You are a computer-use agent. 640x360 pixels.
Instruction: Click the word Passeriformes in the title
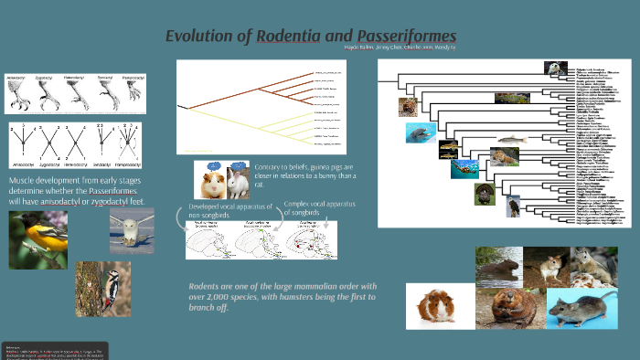coord(399,37)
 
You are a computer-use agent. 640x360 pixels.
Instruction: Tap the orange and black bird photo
coord(38,239)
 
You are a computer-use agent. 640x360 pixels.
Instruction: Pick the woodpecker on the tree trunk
coord(102,288)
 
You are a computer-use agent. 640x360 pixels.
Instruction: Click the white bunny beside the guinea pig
coord(237,183)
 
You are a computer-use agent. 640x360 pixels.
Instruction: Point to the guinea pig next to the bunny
coord(211,182)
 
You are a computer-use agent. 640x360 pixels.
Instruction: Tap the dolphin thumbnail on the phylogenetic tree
coord(421,133)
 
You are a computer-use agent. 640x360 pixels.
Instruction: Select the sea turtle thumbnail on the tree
coord(464,168)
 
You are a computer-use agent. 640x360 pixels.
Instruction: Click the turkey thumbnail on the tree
coord(484,194)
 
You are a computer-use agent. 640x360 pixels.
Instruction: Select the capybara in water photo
coord(499,266)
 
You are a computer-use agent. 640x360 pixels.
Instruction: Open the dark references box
coord(55,351)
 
